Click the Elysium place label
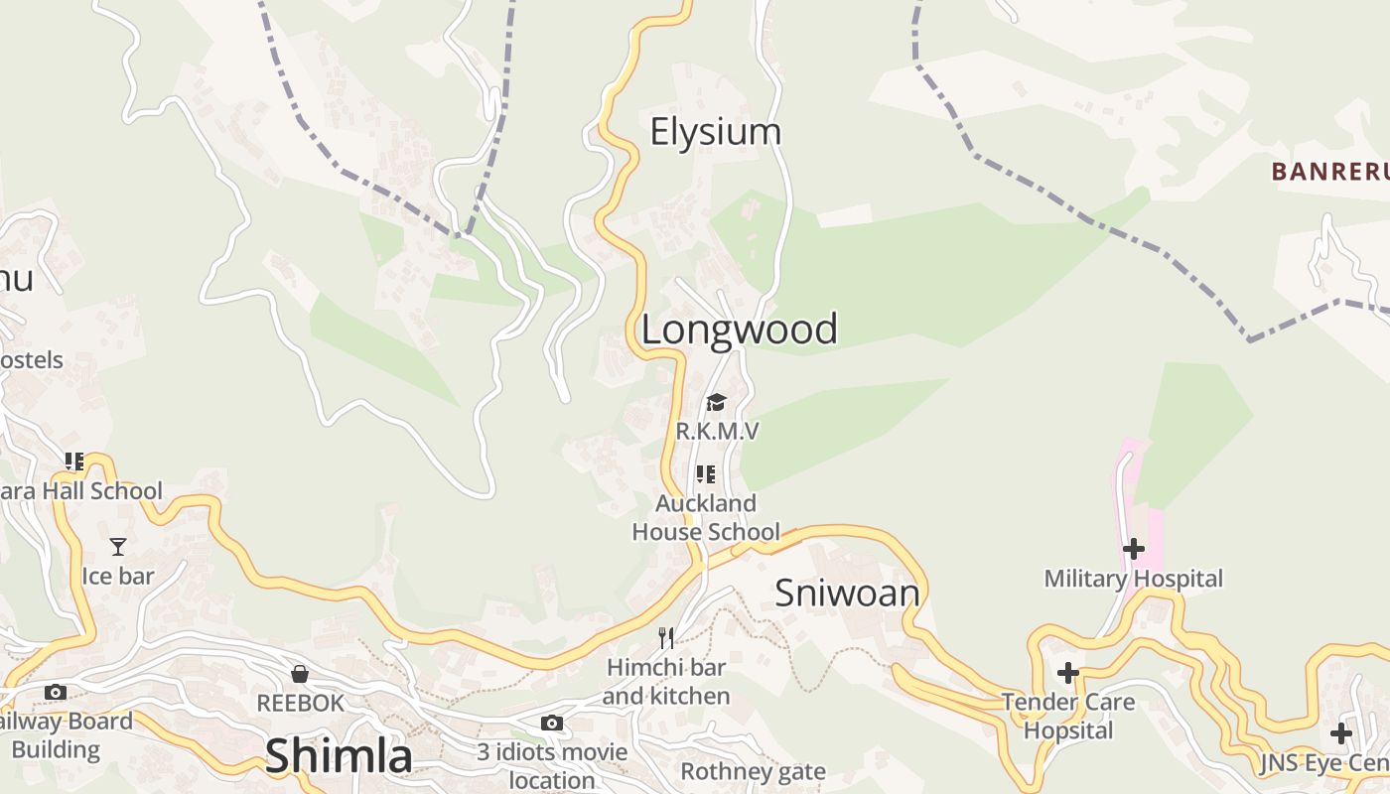715,132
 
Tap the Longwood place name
740,330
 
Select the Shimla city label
339,756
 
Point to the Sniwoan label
847,594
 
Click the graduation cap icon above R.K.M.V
716,402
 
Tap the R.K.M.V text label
717,431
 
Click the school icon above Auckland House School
706,474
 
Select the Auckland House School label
706,518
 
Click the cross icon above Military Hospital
1133,549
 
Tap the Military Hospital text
1133,579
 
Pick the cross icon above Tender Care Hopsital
1068,674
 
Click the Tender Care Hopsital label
1068,717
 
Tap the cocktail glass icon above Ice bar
118,547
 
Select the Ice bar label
118,577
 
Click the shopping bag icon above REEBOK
300,675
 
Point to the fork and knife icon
666,637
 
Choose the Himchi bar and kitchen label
666,682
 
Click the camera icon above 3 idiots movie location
552,724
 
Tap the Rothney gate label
753,772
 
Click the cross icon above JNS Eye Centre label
1341,734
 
